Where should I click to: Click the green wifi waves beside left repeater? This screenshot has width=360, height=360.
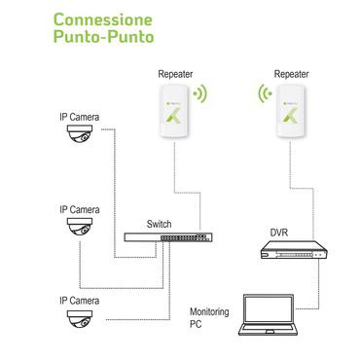pos(201,95)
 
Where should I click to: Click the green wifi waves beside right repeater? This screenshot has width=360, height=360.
pos(264,95)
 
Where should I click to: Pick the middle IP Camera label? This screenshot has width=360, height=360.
pos(79,208)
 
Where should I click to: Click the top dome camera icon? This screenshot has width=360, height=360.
pos(80,141)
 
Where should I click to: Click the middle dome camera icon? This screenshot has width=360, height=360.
pos(80,230)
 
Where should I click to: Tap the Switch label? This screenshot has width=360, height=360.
pos(162,222)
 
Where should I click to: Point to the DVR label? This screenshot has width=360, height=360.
pos(277,234)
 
